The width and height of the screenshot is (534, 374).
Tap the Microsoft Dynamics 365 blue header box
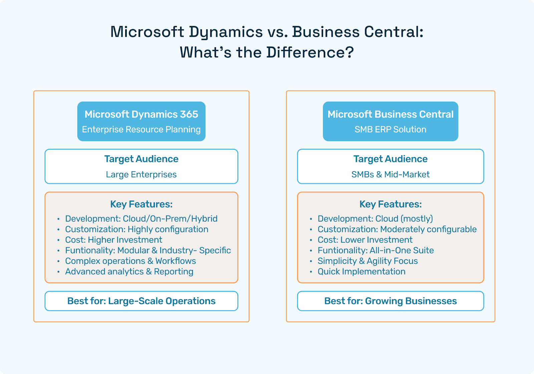click(x=141, y=121)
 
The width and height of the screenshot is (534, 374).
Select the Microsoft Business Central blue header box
click(x=390, y=121)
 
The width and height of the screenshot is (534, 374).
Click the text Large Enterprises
click(x=141, y=174)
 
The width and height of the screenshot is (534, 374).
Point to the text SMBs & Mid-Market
click(x=390, y=174)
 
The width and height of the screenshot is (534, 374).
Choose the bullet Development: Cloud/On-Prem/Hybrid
click(x=141, y=219)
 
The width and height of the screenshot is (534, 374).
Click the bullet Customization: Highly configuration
click(x=137, y=229)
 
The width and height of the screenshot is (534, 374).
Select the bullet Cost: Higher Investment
click(x=113, y=240)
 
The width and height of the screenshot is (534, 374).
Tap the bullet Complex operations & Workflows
click(x=130, y=261)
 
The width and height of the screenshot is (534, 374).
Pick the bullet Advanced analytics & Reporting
click(x=129, y=272)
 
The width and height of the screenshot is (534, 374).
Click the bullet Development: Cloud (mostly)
click(x=375, y=219)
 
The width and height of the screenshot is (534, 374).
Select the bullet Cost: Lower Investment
click(x=365, y=240)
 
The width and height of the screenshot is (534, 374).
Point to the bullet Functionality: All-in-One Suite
click(x=375, y=251)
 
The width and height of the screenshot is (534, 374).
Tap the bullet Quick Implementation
click(x=361, y=272)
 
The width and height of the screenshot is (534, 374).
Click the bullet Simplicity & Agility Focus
click(x=367, y=261)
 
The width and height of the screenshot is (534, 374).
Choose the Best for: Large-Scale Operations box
click(x=141, y=301)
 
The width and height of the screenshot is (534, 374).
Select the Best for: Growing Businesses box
click(x=390, y=301)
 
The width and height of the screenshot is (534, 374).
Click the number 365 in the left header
click(x=189, y=114)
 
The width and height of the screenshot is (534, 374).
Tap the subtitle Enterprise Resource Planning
click(x=141, y=129)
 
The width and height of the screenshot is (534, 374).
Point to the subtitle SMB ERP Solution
click(x=390, y=129)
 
